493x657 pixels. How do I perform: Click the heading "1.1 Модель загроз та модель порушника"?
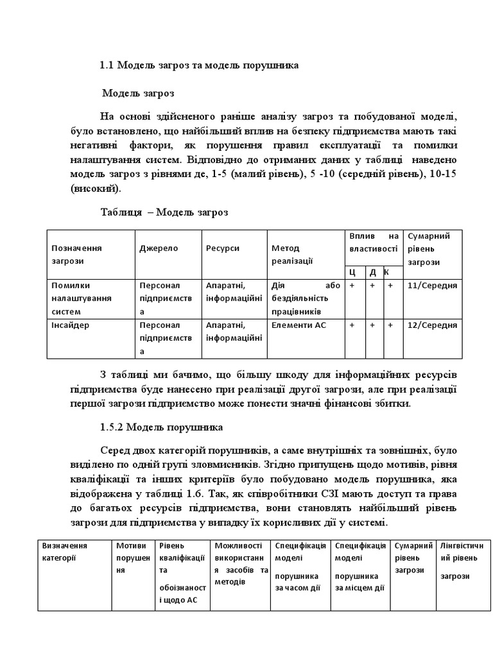199,65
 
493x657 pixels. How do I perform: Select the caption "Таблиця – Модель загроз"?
164,212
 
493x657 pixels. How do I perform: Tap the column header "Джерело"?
159,248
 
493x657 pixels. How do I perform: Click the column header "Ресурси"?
223,248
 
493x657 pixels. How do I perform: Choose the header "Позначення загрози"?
77,254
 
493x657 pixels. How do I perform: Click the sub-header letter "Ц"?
352,272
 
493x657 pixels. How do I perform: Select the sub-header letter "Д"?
372,272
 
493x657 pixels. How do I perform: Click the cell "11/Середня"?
432,286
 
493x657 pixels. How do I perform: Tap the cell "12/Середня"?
432,325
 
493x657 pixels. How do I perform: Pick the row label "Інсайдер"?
71,325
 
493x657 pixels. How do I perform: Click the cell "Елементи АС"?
298,325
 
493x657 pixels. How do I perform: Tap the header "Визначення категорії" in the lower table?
65,552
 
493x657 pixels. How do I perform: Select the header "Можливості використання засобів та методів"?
239,564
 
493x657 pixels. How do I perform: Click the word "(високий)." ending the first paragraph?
94,189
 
